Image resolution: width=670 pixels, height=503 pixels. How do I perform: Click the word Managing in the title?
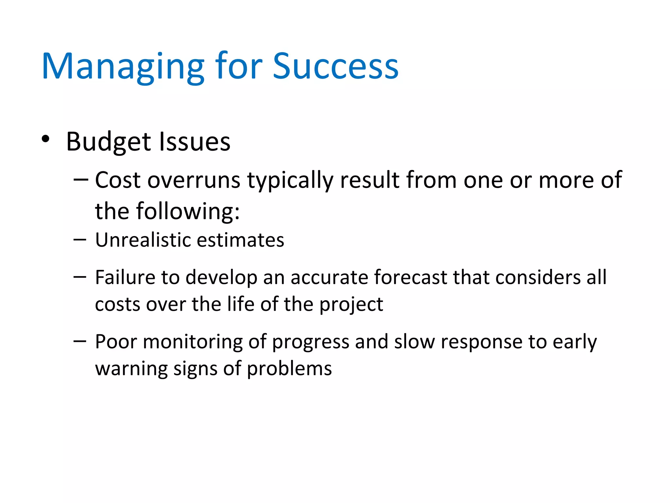click(123, 67)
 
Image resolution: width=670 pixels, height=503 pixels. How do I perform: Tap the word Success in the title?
click(335, 67)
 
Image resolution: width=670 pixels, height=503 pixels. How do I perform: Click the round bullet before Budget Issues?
click(45, 139)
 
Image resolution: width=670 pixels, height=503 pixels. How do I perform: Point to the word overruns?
click(194, 181)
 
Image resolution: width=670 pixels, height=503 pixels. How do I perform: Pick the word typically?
click(290, 181)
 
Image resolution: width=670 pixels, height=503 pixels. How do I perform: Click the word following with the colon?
click(188, 212)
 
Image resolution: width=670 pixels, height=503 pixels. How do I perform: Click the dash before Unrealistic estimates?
click(80, 240)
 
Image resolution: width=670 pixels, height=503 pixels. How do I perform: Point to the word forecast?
click(410, 277)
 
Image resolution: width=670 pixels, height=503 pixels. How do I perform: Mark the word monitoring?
click(192, 342)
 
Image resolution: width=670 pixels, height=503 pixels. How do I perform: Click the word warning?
click(131, 369)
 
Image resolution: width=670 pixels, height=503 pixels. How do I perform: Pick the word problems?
click(289, 369)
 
